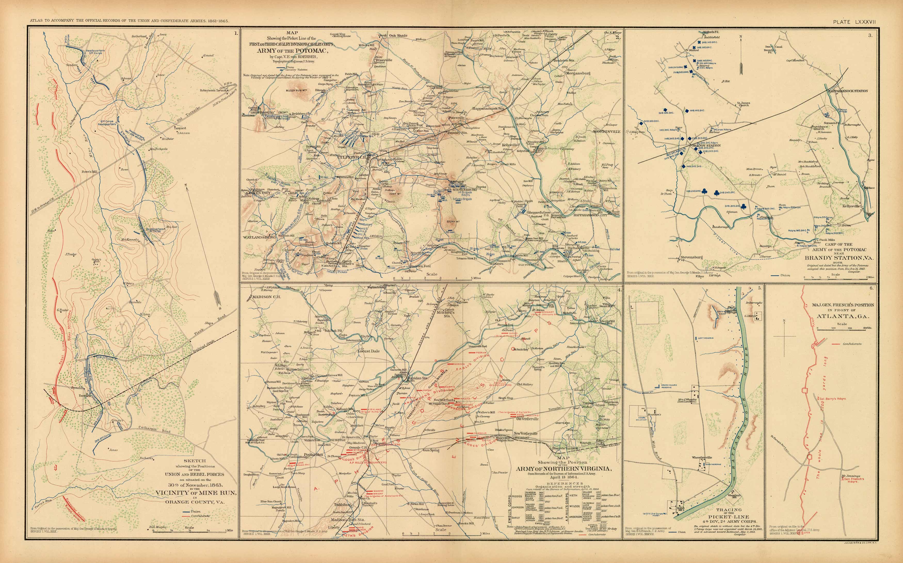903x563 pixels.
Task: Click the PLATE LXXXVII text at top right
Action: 854,22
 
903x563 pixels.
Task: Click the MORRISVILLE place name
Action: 607,131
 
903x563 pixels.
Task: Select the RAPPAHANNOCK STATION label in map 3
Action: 847,91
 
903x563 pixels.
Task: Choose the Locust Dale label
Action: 368,351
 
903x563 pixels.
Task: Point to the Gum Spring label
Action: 431,450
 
